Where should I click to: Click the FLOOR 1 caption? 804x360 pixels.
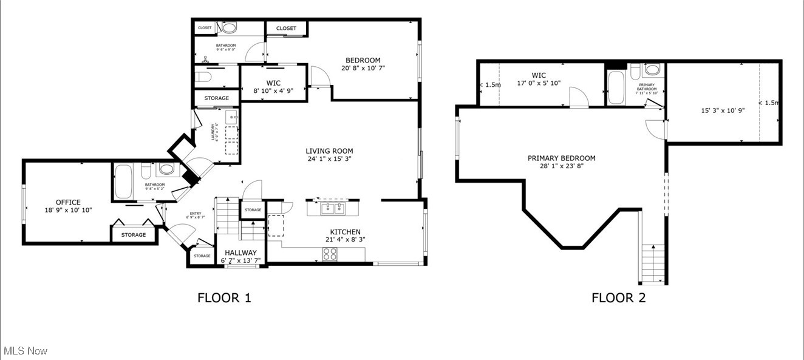(224, 297)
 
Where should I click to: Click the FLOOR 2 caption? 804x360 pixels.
(619, 297)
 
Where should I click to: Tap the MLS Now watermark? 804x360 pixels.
(26, 351)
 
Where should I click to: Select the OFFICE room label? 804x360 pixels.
(68, 203)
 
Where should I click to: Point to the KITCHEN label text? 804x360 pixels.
(345, 232)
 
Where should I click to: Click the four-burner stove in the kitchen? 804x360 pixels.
(330, 254)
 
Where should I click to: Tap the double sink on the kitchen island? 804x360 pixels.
(332, 209)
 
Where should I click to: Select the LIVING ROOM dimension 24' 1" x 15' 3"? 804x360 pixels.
(329, 159)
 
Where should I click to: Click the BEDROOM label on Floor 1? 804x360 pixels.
(363, 60)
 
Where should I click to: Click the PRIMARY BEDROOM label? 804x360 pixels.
(561, 158)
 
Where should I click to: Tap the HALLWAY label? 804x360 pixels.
(240, 253)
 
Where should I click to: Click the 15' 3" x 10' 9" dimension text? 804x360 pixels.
(723, 110)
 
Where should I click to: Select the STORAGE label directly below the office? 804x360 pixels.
(133, 235)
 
